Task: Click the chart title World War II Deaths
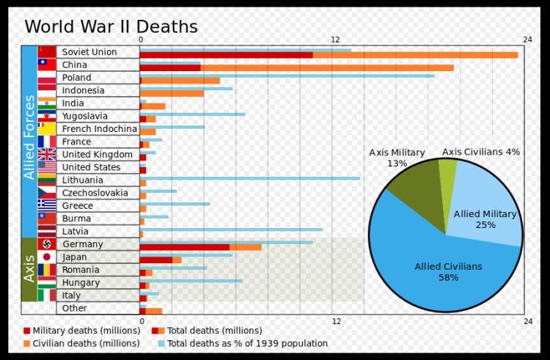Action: point(111,27)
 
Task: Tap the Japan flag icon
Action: point(47,257)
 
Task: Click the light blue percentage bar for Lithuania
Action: point(249,177)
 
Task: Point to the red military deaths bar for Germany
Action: point(184,247)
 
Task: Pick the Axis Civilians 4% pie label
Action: point(481,152)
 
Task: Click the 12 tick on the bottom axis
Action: point(336,322)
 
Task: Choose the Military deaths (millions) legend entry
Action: point(74,331)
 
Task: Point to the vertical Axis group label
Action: point(29,269)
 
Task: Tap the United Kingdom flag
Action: point(47,155)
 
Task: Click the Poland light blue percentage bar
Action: point(287,76)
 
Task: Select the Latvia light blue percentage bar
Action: point(231,229)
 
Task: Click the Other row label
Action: point(74,309)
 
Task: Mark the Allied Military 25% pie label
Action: point(485,219)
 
